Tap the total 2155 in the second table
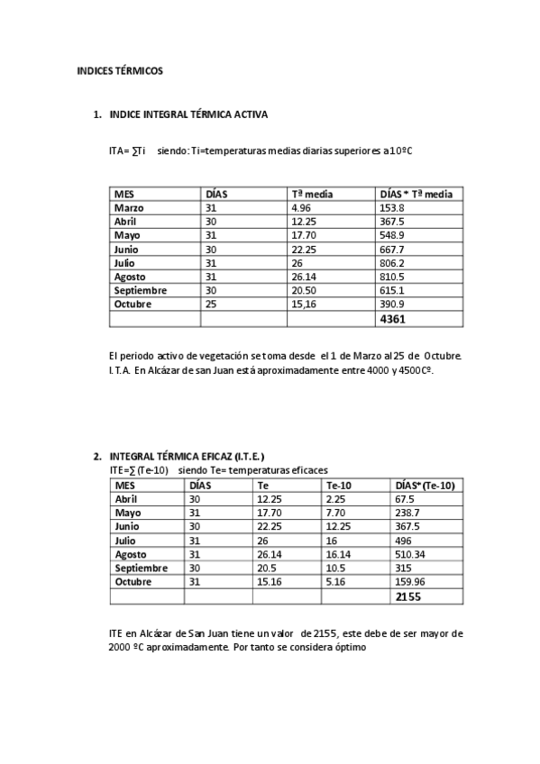pos(408,596)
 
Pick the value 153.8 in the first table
pos(393,208)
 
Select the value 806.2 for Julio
pos(393,263)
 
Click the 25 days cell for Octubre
pos(211,305)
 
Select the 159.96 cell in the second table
pos(411,582)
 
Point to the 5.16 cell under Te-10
pos(335,582)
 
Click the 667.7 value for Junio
pos(393,250)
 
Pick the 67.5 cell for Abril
pos(405,499)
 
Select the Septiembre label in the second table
pos(141,568)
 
